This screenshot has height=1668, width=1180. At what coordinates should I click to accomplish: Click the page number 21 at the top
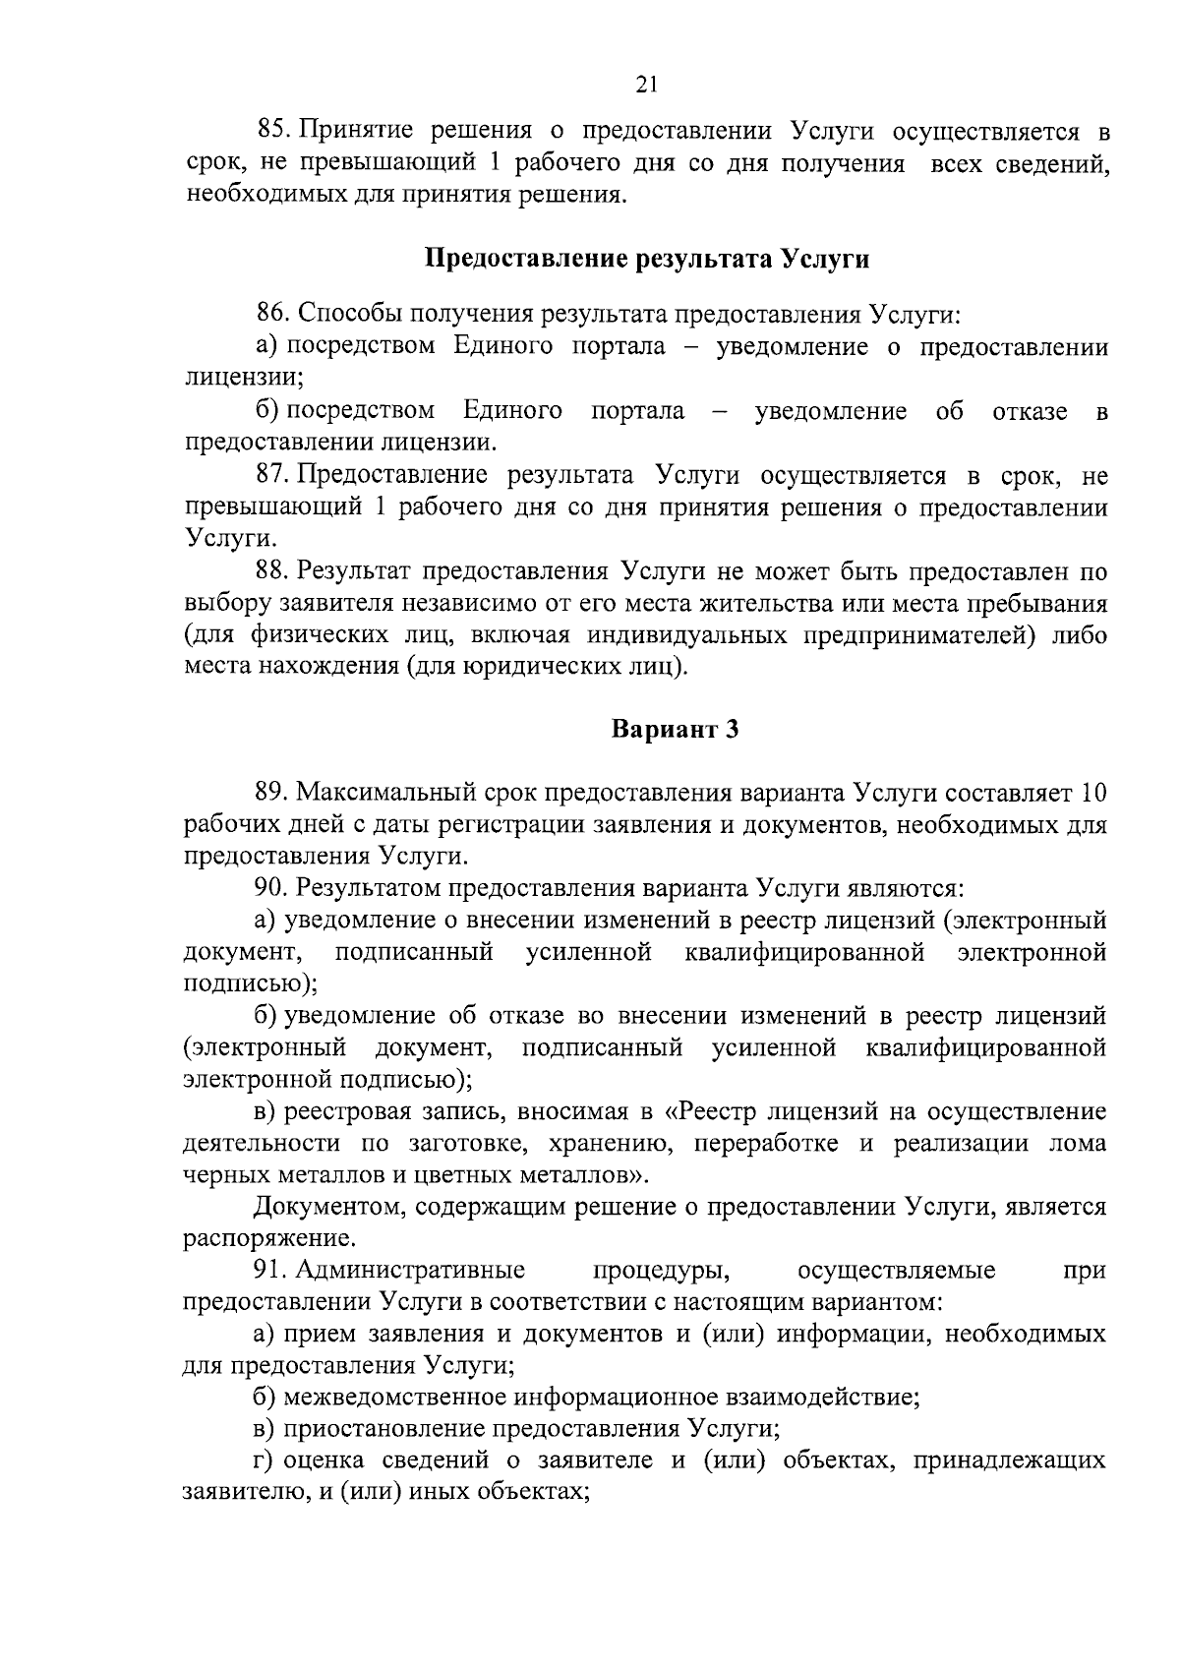645,85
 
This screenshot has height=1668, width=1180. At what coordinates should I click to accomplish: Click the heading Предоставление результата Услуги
647,260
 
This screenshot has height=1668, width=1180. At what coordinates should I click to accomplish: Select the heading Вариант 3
675,730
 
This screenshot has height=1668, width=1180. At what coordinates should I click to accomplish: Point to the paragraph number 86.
271,315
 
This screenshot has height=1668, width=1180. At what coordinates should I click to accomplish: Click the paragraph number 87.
271,476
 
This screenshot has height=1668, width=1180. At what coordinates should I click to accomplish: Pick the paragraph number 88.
271,571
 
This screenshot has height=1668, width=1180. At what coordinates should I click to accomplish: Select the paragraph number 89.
271,793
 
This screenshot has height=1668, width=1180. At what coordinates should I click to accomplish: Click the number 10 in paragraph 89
1092,793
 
